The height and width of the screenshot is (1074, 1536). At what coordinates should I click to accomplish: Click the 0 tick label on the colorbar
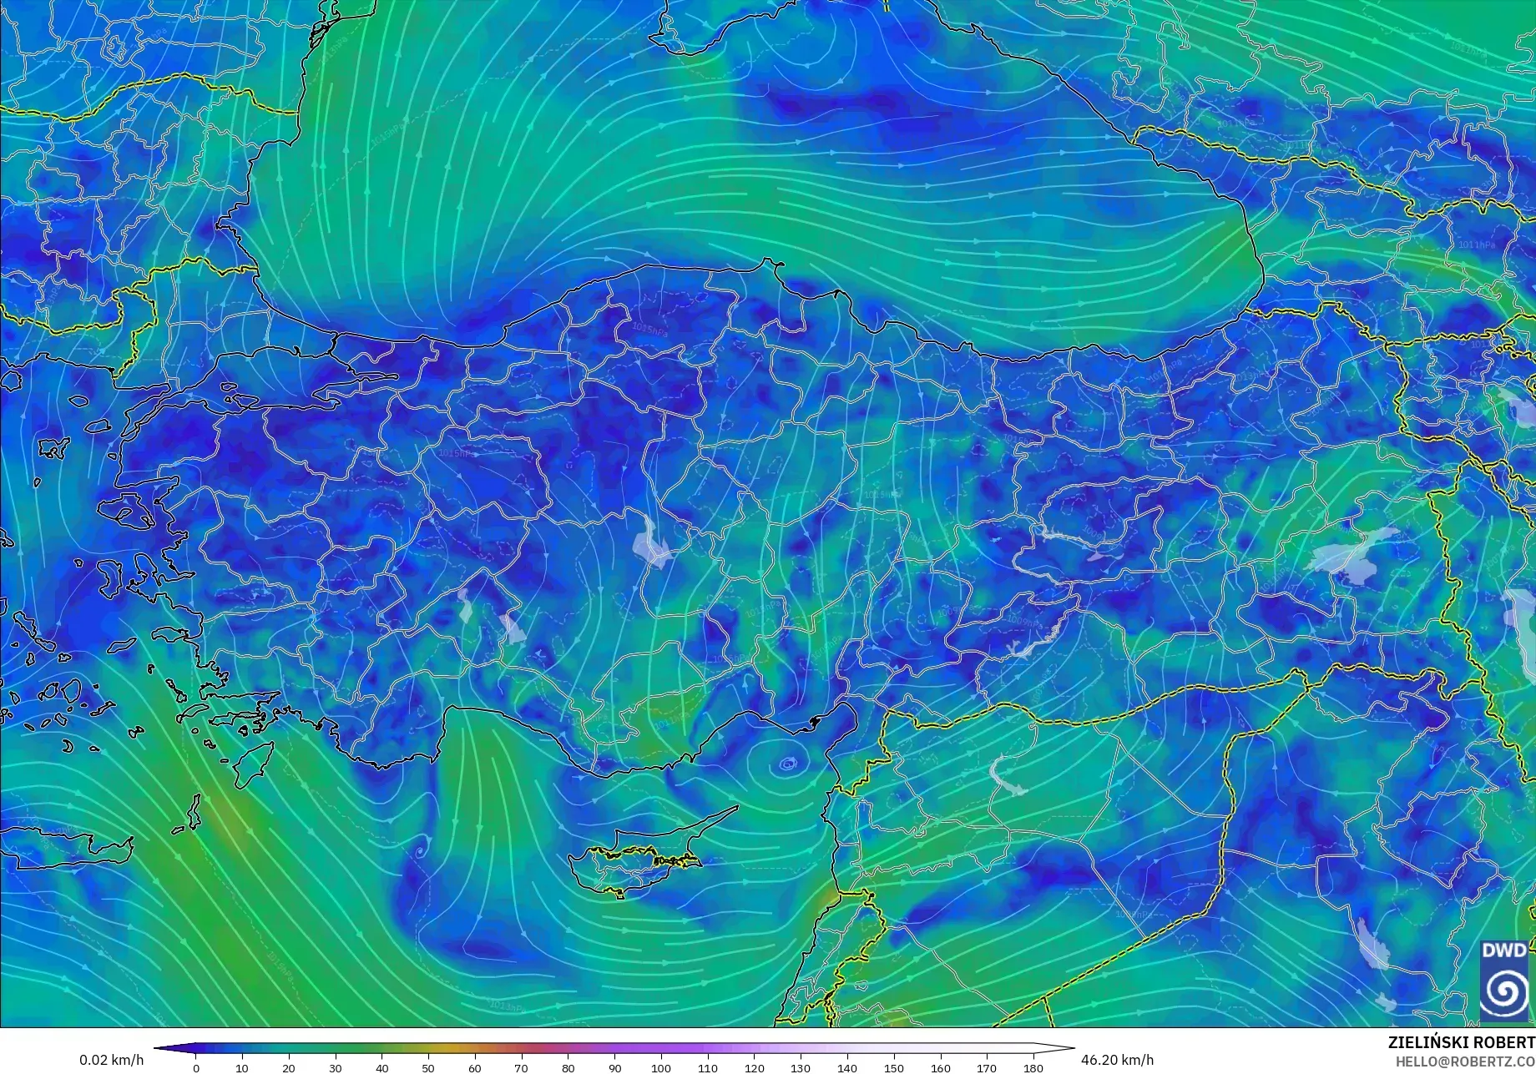[x=196, y=1067]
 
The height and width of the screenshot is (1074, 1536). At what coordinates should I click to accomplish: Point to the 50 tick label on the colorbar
[x=427, y=1067]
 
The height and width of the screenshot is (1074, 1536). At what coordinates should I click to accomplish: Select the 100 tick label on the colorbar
[x=660, y=1067]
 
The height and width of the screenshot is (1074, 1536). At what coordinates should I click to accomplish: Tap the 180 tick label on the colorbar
[x=1033, y=1067]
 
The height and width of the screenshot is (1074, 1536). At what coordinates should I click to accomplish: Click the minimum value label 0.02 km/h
[x=111, y=1060]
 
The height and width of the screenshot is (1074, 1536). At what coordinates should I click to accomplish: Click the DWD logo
[x=1504, y=981]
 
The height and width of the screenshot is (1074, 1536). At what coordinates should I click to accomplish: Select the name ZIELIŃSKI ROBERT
[x=1461, y=1042]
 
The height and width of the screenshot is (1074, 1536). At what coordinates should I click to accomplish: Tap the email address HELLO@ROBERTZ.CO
[x=1465, y=1060]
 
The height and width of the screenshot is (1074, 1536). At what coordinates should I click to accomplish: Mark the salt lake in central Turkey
[x=652, y=542]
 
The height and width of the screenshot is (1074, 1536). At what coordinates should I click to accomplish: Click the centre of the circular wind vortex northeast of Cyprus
[x=787, y=762]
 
